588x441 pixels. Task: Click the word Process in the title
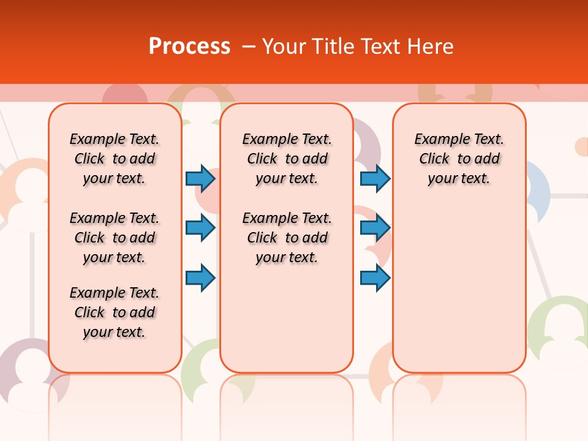click(189, 46)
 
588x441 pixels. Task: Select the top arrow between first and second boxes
click(200, 178)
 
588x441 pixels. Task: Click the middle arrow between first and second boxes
click(200, 228)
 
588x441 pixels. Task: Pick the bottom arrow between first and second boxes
click(200, 277)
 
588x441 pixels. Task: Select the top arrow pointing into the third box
click(375, 178)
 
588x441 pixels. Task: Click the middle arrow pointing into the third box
click(375, 228)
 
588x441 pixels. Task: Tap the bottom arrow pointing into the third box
click(375, 277)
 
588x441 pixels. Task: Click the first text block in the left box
click(115, 159)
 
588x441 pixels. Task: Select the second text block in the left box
click(115, 238)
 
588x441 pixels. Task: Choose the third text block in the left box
click(115, 312)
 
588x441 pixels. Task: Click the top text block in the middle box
click(287, 159)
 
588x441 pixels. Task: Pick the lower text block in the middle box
click(287, 238)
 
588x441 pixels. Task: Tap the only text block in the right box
click(459, 159)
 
